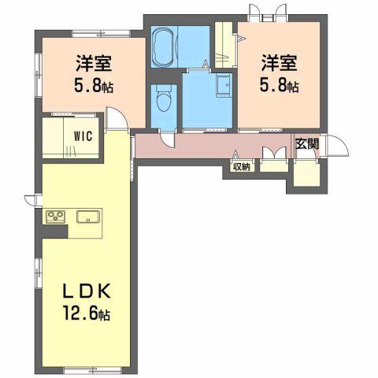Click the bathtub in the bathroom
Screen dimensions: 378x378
tap(163, 46)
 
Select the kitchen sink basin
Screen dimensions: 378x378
tap(88, 217)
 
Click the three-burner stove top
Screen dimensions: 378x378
tap(56, 217)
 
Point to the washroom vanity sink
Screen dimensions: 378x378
tap(224, 85)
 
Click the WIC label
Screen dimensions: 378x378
tap(83, 136)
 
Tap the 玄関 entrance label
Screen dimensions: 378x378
tap(307, 144)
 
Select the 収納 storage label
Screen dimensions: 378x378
tap(241, 167)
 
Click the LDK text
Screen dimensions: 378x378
tap(86, 291)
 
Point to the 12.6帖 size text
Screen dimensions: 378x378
tap(86, 313)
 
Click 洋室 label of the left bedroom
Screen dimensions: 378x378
tap(94, 63)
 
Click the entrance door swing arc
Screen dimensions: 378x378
tap(338, 146)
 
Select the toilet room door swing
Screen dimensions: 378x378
tap(167, 139)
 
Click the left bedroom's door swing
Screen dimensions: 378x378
tap(117, 118)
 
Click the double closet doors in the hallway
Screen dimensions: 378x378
tap(274, 153)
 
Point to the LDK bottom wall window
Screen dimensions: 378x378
tap(92, 369)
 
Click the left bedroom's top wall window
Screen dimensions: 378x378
tap(101, 34)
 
